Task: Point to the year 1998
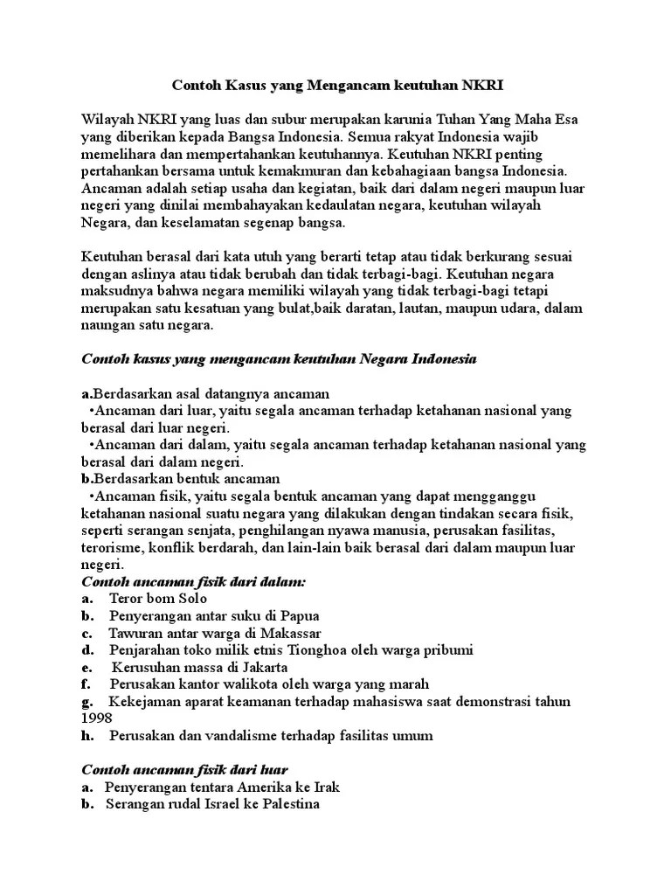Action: pos(96,718)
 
